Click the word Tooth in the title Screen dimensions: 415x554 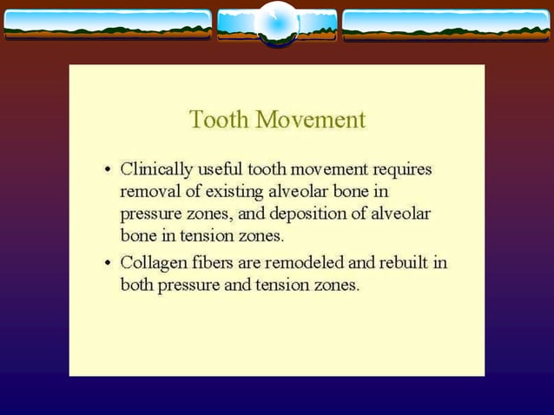coord(217,119)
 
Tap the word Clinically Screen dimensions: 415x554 coord(156,168)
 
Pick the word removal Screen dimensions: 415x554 coord(148,190)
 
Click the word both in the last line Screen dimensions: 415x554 coord(136,285)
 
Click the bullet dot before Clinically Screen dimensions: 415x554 coord(107,169)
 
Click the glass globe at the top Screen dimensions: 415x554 coord(278,23)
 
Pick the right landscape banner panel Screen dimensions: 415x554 coord(446,24)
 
